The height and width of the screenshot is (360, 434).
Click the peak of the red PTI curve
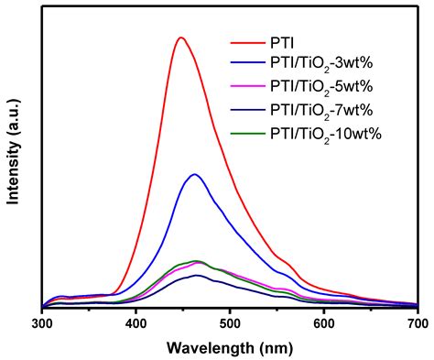180,38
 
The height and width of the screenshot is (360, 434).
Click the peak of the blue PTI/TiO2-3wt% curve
194,174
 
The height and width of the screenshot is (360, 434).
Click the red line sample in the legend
246,42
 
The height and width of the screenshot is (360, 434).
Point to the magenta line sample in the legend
246,88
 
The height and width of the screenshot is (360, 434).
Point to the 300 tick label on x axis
42,323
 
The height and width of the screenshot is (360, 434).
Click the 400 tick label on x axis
136,323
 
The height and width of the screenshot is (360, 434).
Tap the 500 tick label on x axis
230,323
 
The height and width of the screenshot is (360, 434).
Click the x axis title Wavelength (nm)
230,347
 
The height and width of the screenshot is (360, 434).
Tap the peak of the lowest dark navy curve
196,275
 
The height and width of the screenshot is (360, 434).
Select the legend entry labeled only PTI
282,42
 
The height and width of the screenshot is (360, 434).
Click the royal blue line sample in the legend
246,65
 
